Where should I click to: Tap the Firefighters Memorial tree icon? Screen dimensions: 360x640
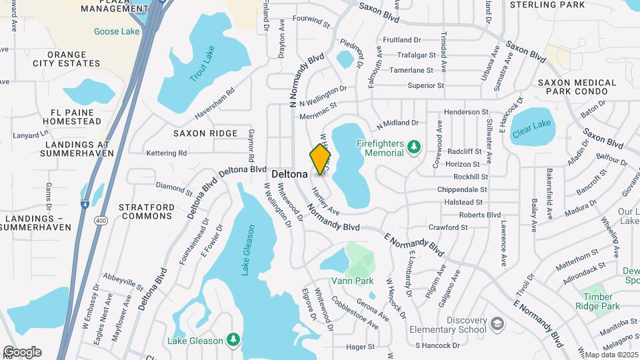(414, 145)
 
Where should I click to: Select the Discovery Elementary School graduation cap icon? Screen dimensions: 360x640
(497, 324)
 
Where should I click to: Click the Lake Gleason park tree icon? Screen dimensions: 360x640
(233, 341)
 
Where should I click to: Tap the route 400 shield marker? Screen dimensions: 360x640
(101, 220)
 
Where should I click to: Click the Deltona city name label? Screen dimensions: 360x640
(289, 173)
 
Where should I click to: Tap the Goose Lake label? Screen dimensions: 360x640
(117, 31)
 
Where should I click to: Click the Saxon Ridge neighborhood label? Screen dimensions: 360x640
(205, 133)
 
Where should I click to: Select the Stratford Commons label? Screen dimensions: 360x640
(147, 211)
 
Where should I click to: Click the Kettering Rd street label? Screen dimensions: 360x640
(166, 153)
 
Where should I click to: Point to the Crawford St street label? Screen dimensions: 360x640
(448, 227)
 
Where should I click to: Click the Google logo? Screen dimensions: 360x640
(22, 351)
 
